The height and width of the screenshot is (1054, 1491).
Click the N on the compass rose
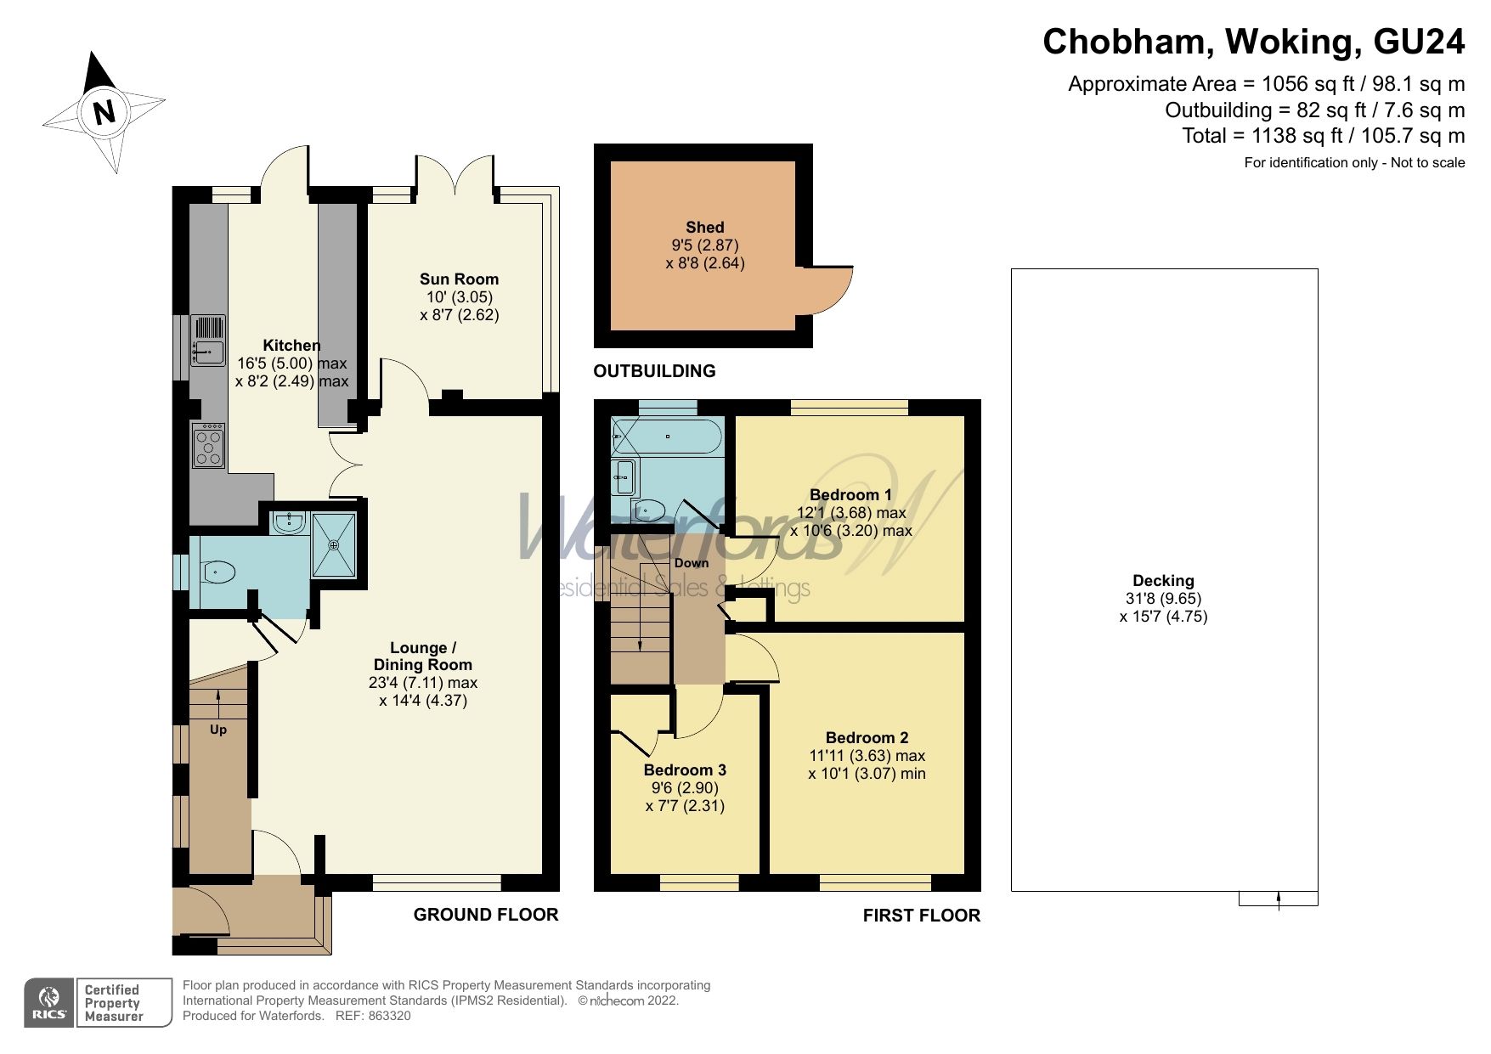click(104, 111)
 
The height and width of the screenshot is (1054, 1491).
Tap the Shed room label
click(704, 227)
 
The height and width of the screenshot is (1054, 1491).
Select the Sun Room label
click(459, 279)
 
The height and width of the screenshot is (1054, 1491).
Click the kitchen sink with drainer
click(207, 340)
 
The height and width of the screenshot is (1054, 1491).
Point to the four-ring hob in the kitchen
click(208, 446)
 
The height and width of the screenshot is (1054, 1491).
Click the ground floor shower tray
click(335, 544)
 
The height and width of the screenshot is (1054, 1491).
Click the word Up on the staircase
click(218, 730)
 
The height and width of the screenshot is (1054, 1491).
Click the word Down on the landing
click(691, 563)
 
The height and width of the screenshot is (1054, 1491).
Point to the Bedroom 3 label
click(685, 770)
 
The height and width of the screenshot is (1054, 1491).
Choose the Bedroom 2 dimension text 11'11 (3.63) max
click(867, 755)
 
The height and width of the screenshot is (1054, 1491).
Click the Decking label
click(1163, 581)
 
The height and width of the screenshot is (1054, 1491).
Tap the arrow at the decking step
click(1279, 899)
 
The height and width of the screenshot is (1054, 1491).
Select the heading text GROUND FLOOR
click(486, 915)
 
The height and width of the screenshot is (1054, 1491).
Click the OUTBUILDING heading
click(654, 371)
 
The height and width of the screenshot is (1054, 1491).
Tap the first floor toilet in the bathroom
click(650, 510)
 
